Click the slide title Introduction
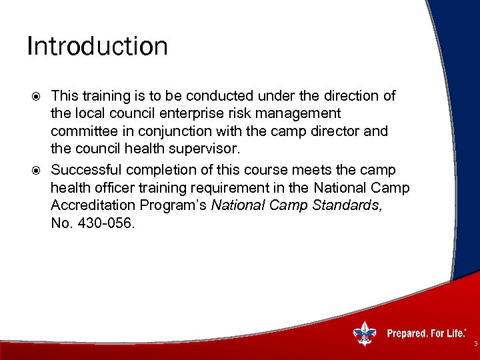[97, 47]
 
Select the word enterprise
[196, 113]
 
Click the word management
[299, 113]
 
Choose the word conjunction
[174, 131]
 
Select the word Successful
[86, 170]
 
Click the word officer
[117, 189]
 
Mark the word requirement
[231, 189]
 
